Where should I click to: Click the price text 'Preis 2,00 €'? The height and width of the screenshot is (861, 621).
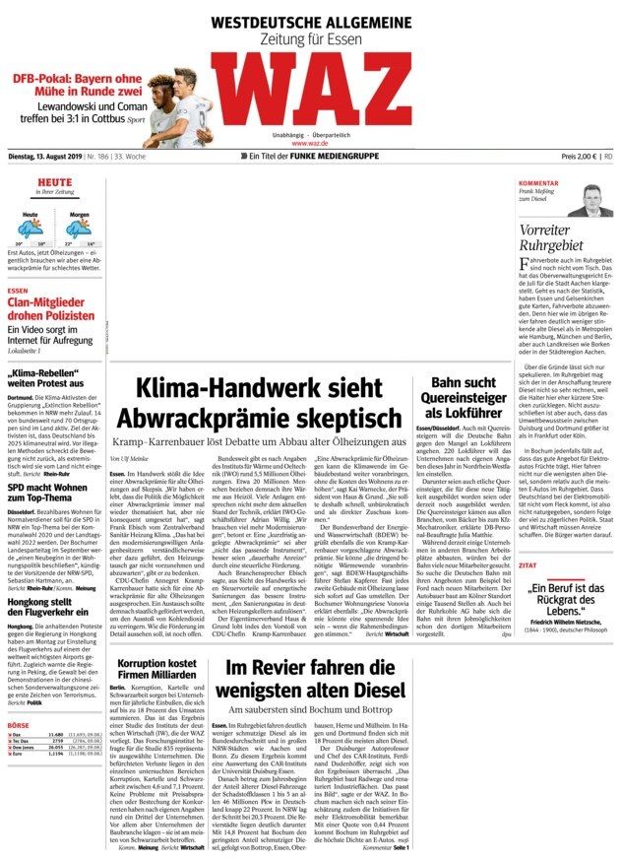[579, 157]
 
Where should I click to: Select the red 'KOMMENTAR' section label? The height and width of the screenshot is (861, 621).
[538, 184]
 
